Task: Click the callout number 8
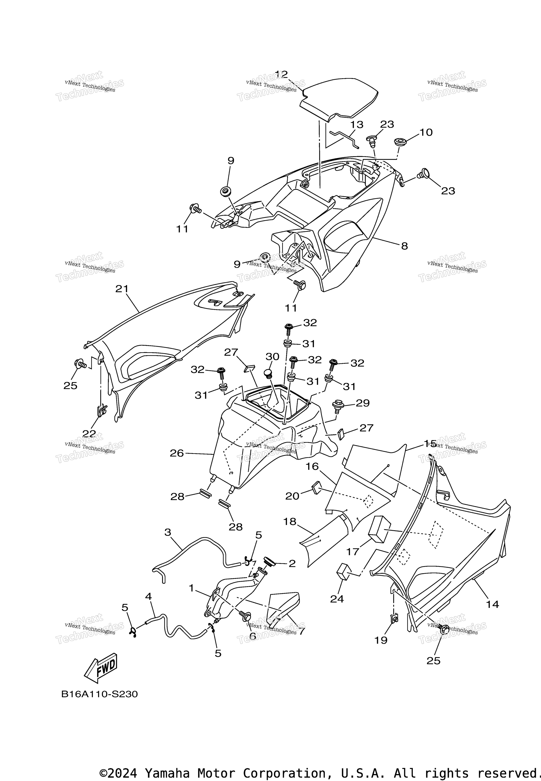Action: [x=404, y=246]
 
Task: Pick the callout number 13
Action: [x=357, y=125]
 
